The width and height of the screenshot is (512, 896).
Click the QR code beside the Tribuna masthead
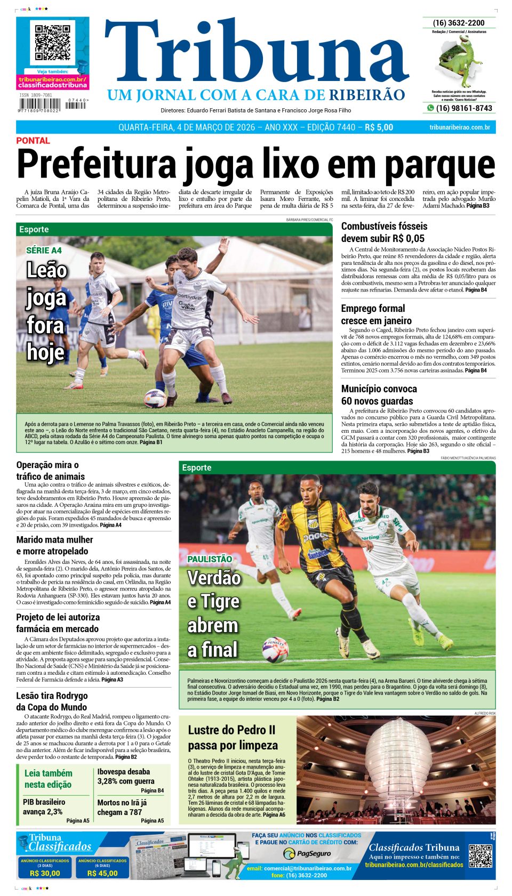(x=52, y=42)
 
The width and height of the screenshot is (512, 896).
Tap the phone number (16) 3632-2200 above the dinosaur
(x=459, y=23)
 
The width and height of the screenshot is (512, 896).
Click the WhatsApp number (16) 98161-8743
(x=463, y=108)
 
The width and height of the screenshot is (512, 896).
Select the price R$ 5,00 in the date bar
(x=379, y=127)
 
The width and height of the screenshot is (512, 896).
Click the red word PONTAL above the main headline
(x=33, y=141)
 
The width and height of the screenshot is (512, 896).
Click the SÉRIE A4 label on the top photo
(x=44, y=251)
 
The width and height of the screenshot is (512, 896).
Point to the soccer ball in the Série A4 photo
(x=155, y=398)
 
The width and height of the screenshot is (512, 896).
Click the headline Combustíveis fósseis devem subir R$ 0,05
(x=384, y=232)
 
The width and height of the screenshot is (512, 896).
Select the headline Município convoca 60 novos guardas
(x=379, y=395)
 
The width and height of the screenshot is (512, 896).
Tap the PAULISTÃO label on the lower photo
(x=210, y=559)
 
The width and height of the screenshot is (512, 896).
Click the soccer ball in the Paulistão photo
(x=275, y=649)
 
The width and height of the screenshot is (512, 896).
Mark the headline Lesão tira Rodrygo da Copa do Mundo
(x=52, y=701)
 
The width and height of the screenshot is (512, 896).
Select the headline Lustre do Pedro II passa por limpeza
(x=233, y=738)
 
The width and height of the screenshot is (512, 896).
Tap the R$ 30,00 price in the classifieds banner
(x=45, y=873)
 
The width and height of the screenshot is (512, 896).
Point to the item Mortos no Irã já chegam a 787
(x=122, y=807)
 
